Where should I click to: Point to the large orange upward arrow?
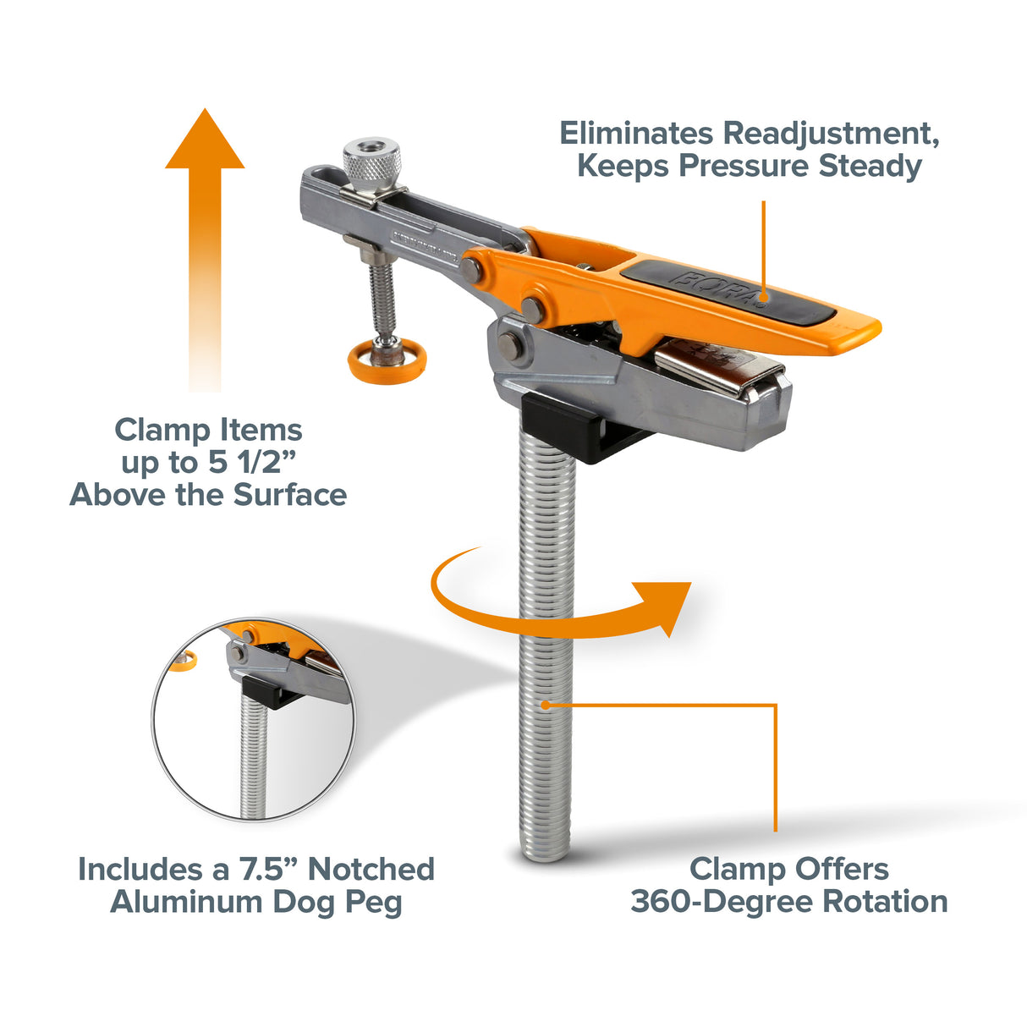(x=205, y=245)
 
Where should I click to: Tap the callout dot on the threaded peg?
(x=546, y=704)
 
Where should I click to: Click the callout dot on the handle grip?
(x=763, y=296)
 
